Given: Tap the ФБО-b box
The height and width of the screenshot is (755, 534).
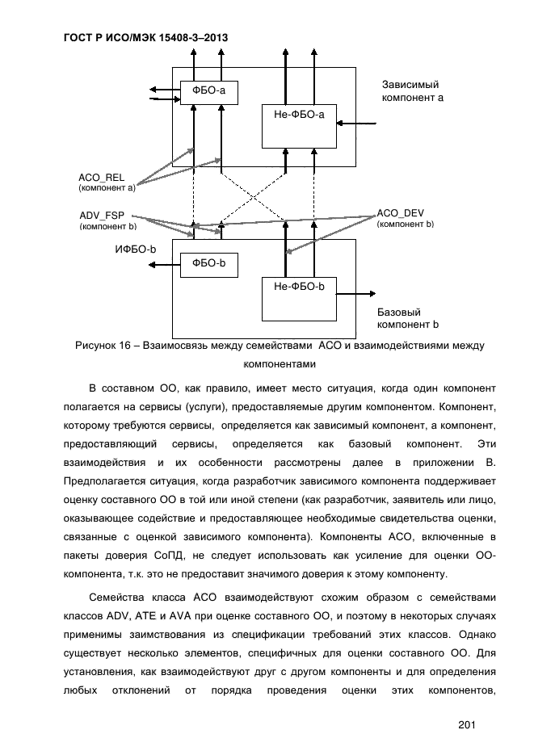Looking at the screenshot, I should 208,264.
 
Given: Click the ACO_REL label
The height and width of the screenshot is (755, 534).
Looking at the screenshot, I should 101,178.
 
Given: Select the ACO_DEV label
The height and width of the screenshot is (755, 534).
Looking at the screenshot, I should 401,213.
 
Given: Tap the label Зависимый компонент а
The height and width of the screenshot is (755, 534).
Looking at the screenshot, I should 412,90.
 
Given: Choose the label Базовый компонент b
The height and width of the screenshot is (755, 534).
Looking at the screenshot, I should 407,318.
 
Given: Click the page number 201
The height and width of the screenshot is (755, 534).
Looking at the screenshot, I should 466,724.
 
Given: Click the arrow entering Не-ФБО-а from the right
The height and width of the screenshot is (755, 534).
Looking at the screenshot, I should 356,124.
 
